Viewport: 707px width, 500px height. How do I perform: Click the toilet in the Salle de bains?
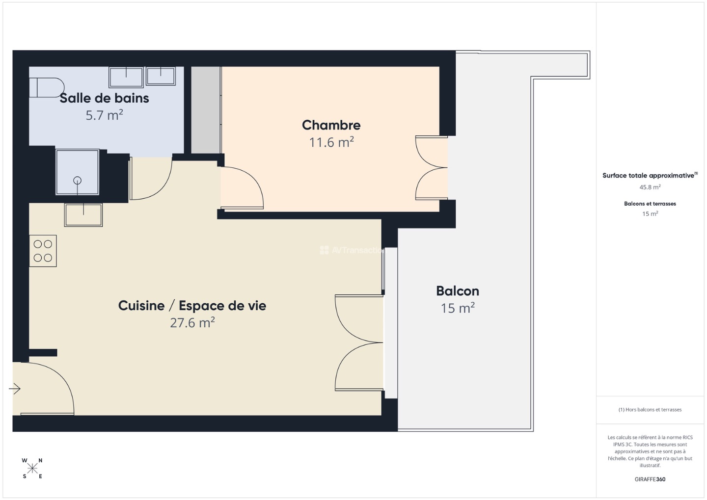47,87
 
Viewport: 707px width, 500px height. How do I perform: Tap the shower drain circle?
77,181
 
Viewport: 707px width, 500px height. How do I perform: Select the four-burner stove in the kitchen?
43,251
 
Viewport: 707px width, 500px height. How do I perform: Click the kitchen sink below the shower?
83,215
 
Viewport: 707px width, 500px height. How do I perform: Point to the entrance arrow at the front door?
15,389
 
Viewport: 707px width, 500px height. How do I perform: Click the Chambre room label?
331,125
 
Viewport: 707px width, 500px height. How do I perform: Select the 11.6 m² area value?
331,142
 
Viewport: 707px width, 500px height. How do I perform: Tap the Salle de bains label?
104,98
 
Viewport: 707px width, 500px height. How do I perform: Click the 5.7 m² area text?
104,115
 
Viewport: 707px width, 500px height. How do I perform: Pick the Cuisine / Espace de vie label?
192,306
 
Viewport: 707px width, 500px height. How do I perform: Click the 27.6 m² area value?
192,323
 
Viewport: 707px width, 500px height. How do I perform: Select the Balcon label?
458,291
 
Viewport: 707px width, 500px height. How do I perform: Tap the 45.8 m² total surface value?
650,187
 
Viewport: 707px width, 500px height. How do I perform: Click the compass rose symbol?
32,469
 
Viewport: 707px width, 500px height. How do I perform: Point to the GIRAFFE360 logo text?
650,479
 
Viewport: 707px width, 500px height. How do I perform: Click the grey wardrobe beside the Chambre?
205,109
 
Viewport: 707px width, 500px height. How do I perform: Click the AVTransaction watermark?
353,250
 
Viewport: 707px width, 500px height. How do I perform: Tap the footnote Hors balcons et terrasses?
650,410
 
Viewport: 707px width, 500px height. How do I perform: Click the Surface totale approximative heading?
649,175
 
